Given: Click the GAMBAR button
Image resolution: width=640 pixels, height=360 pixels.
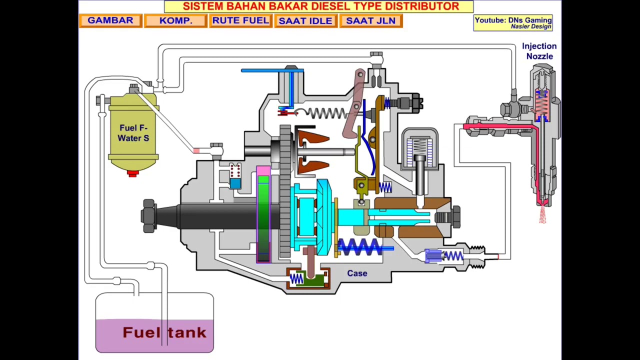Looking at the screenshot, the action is pos(110,21).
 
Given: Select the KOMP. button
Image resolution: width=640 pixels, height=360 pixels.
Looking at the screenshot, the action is pos(175,21).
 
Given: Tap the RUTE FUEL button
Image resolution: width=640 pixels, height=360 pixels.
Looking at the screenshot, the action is pos(240,21).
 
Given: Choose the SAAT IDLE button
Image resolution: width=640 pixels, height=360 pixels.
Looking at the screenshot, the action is pos(305,21).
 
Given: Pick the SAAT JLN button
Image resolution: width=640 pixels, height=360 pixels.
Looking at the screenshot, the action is pos(370,21).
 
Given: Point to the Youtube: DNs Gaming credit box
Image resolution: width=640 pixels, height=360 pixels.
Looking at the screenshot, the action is pos(513,22).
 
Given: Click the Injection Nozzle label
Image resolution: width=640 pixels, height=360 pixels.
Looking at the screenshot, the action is pos(539,51).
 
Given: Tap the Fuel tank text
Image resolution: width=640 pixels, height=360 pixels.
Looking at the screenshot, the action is pos(164,332).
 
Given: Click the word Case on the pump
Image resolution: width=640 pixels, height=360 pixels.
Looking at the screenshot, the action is pos(357,273).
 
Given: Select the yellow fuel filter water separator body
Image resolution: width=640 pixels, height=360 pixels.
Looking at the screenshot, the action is pos(133,132).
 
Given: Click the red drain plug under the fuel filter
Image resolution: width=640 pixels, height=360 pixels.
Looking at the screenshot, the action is pos(132,173).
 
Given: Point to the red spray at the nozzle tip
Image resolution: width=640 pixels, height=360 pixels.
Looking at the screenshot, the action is pos(542,215).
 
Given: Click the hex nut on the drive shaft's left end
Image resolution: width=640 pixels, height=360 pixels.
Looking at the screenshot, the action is pos(148,216).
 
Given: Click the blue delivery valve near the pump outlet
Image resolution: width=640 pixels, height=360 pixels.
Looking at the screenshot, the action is pos(433,256).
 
